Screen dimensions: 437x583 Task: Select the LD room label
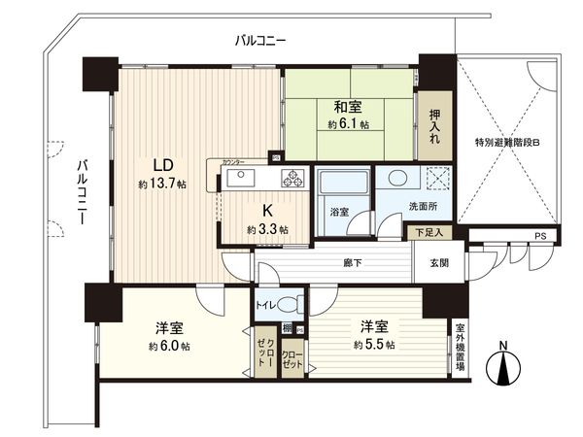pos(161,163)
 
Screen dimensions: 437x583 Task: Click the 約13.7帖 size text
pos(161,184)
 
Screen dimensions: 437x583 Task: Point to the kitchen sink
pos(239,178)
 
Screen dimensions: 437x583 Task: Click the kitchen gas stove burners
pos(292,178)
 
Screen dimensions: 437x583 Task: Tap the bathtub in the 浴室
pos(342,185)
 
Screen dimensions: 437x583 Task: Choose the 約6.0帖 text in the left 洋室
pos(167,347)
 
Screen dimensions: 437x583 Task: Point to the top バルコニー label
pos(259,41)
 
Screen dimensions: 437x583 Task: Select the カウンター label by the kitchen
pos(233,161)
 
